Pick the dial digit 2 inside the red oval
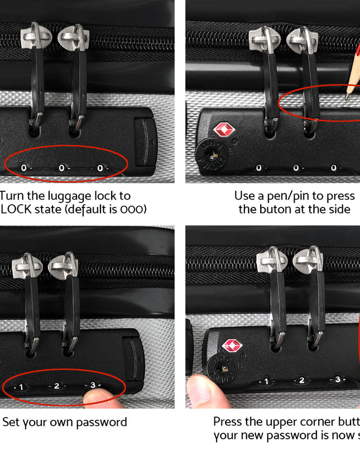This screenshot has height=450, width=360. tap(56, 385)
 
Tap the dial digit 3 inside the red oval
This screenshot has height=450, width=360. tap(93, 385)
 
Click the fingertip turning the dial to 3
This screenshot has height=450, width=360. tap(100, 397)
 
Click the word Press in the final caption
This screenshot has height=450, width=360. tap(228, 422)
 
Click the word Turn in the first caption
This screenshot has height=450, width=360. tap(12, 196)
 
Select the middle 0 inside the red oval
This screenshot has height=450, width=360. tap(61, 167)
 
